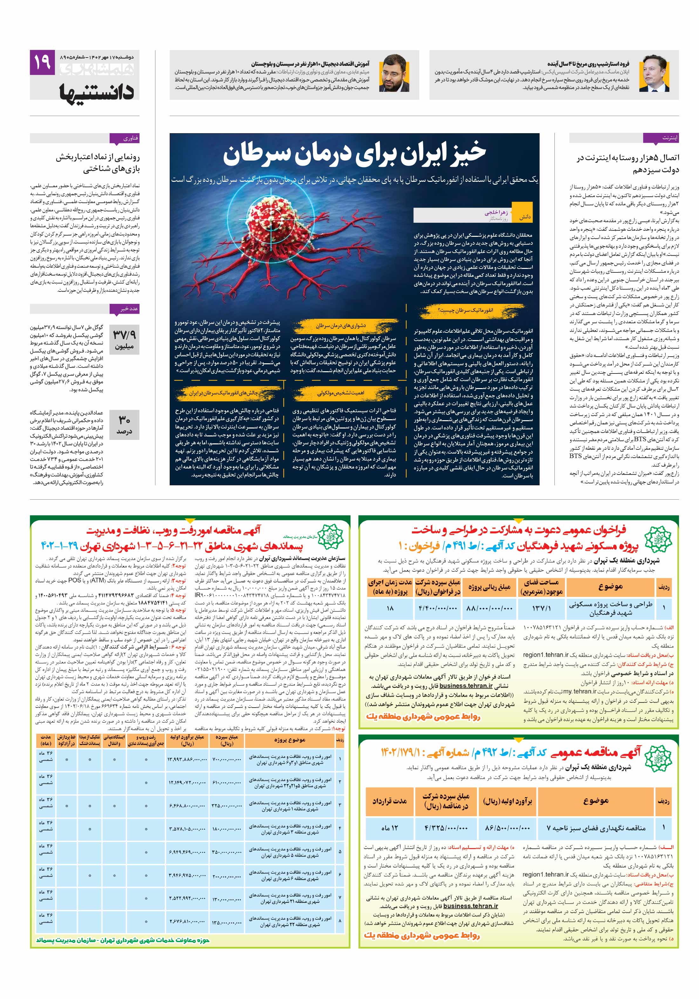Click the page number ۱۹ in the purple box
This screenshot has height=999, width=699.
42,62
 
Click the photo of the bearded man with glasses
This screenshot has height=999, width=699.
394,73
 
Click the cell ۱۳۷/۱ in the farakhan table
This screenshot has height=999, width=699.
541,609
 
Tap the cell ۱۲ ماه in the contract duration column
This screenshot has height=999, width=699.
390,828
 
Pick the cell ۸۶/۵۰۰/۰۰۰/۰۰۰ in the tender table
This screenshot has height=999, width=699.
507,828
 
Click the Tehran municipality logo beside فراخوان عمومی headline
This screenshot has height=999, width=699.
658,539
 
